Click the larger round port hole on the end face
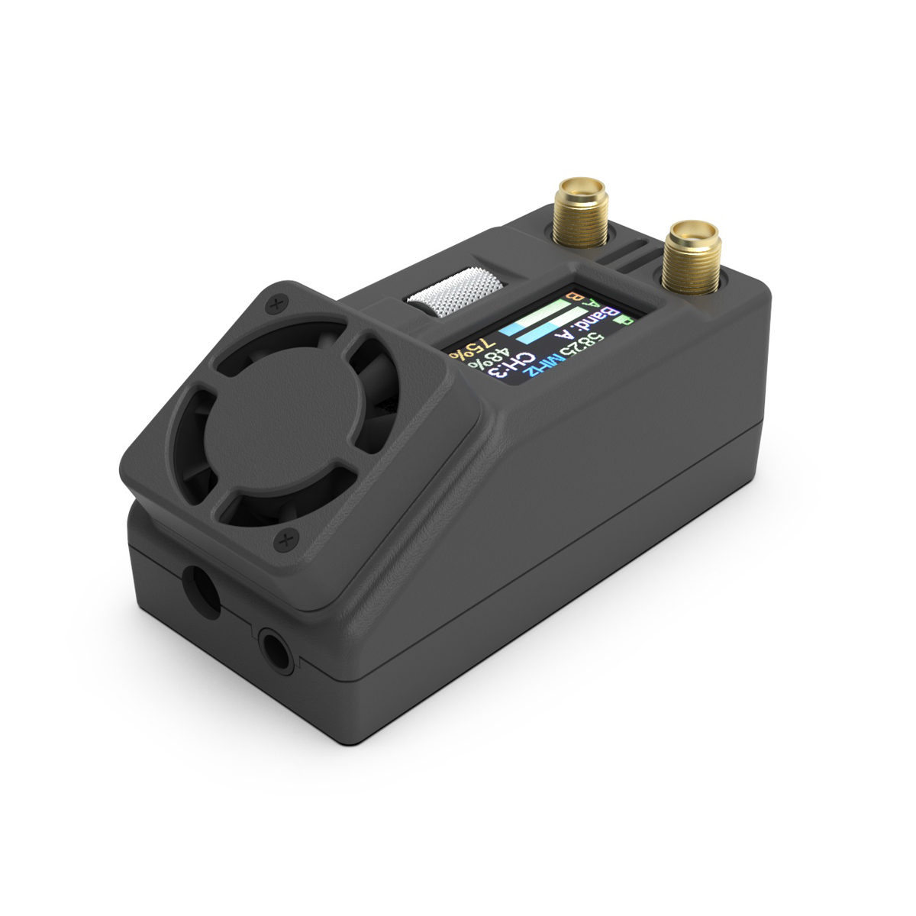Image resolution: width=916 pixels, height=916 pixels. [x=201, y=589]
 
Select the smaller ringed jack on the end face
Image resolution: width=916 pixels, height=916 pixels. [x=276, y=650]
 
